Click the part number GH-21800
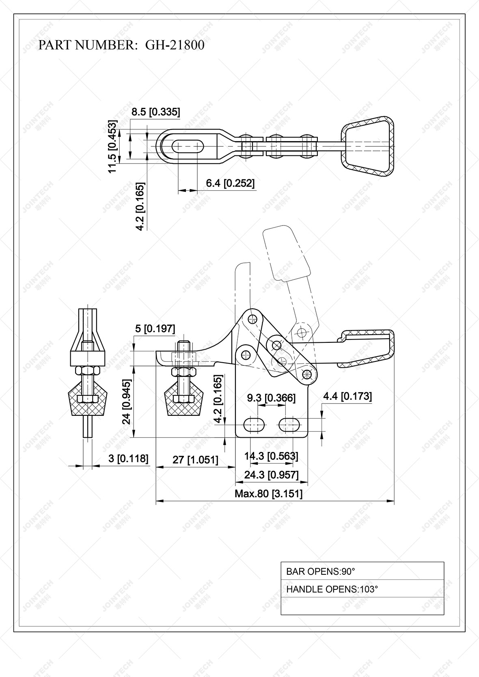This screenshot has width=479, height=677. click(175, 45)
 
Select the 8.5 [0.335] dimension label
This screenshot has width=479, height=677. click(155, 112)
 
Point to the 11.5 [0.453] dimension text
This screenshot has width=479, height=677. click(112, 146)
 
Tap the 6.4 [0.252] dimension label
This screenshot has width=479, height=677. click(230, 183)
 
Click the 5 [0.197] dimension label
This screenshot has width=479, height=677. click(155, 329)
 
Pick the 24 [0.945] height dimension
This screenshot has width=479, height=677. click(127, 402)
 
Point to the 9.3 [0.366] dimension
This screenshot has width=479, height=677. click(271, 398)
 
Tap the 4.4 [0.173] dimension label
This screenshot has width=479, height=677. click(347, 396)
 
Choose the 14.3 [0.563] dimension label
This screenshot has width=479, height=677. click(271, 456)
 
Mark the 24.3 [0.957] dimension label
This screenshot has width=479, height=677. click(271, 475)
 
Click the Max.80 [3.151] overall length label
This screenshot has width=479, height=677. click(268, 494)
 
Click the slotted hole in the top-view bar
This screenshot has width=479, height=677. click(188, 146)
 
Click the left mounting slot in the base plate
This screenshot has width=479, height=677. click(254, 425)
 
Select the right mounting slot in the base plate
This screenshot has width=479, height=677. click(289, 425)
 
